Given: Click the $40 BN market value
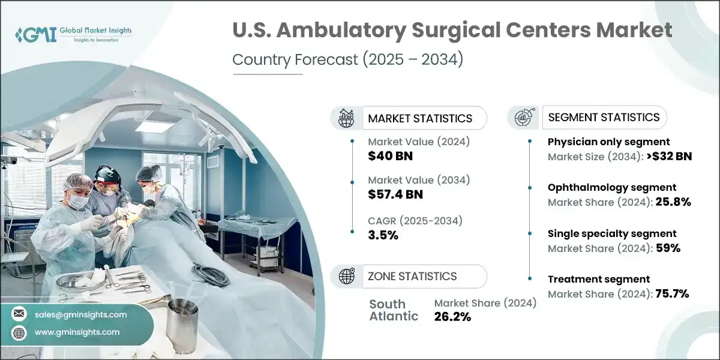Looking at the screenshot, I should [x=390, y=156].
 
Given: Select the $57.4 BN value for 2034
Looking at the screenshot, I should [x=395, y=194].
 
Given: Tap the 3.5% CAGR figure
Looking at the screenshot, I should [x=383, y=235].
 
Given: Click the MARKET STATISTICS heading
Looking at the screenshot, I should [x=420, y=118].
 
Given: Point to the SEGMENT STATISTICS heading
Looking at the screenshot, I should [x=604, y=117].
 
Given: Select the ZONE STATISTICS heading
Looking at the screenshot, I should [x=412, y=276].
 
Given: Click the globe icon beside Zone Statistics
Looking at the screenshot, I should [x=346, y=276].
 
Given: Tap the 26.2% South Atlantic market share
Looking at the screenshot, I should [x=452, y=317].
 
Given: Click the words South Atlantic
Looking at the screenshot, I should [x=394, y=310].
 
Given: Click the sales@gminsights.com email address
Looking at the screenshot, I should [x=81, y=314].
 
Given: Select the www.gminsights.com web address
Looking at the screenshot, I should [x=77, y=332].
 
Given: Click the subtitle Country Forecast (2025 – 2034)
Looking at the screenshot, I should [x=347, y=60].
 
